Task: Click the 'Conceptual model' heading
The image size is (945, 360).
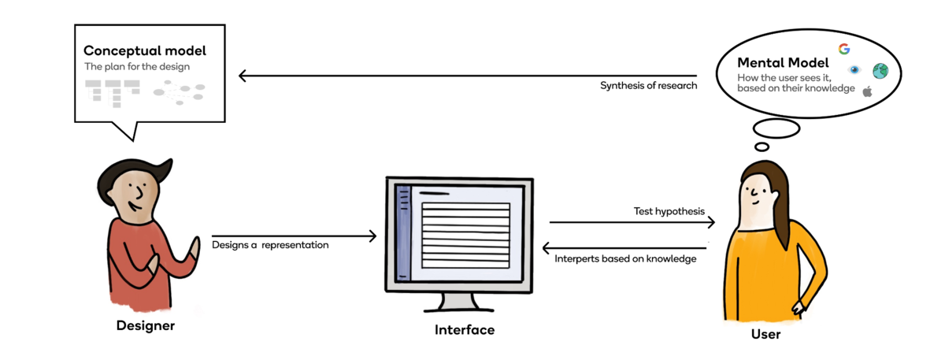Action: click(x=145, y=50)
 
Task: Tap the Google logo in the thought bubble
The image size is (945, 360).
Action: click(x=844, y=49)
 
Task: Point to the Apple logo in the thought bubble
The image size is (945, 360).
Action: click(x=867, y=91)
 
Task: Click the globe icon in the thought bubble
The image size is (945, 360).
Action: click(x=880, y=71)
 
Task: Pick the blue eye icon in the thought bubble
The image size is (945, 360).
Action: click(x=855, y=71)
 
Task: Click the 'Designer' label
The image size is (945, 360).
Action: click(x=145, y=325)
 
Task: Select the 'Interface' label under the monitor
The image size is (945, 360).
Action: click(x=465, y=330)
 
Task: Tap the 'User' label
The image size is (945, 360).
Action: click(x=765, y=334)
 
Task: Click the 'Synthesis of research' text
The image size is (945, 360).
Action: click(x=648, y=85)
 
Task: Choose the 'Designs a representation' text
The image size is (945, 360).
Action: click(x=270, y=245)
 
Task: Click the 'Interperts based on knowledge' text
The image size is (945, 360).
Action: click(x=625, y=258)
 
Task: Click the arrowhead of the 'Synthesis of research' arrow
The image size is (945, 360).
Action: click(x=243, y=76)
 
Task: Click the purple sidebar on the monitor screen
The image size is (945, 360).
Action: click(x=404, y=232)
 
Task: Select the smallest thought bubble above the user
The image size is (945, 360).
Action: click(x=762, y=147)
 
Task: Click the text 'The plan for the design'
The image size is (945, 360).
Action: click(x=137, y=67)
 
